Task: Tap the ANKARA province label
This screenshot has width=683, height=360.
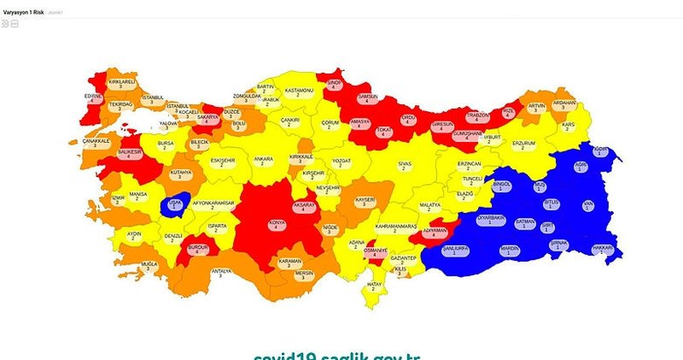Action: coord(263,160)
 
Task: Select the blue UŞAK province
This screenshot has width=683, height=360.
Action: coord(173,205)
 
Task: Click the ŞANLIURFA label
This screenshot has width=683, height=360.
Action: coord(456,249)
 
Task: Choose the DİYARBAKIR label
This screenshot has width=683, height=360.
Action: coord(491,218)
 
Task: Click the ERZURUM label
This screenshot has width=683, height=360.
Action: coord(523,143)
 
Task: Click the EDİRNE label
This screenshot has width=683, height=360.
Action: coord(94,96)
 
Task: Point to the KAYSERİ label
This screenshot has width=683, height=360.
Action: coord(364,201)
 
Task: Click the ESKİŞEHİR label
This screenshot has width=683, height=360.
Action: coord(222,161)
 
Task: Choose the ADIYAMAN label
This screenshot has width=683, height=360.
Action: coord(435,231)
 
